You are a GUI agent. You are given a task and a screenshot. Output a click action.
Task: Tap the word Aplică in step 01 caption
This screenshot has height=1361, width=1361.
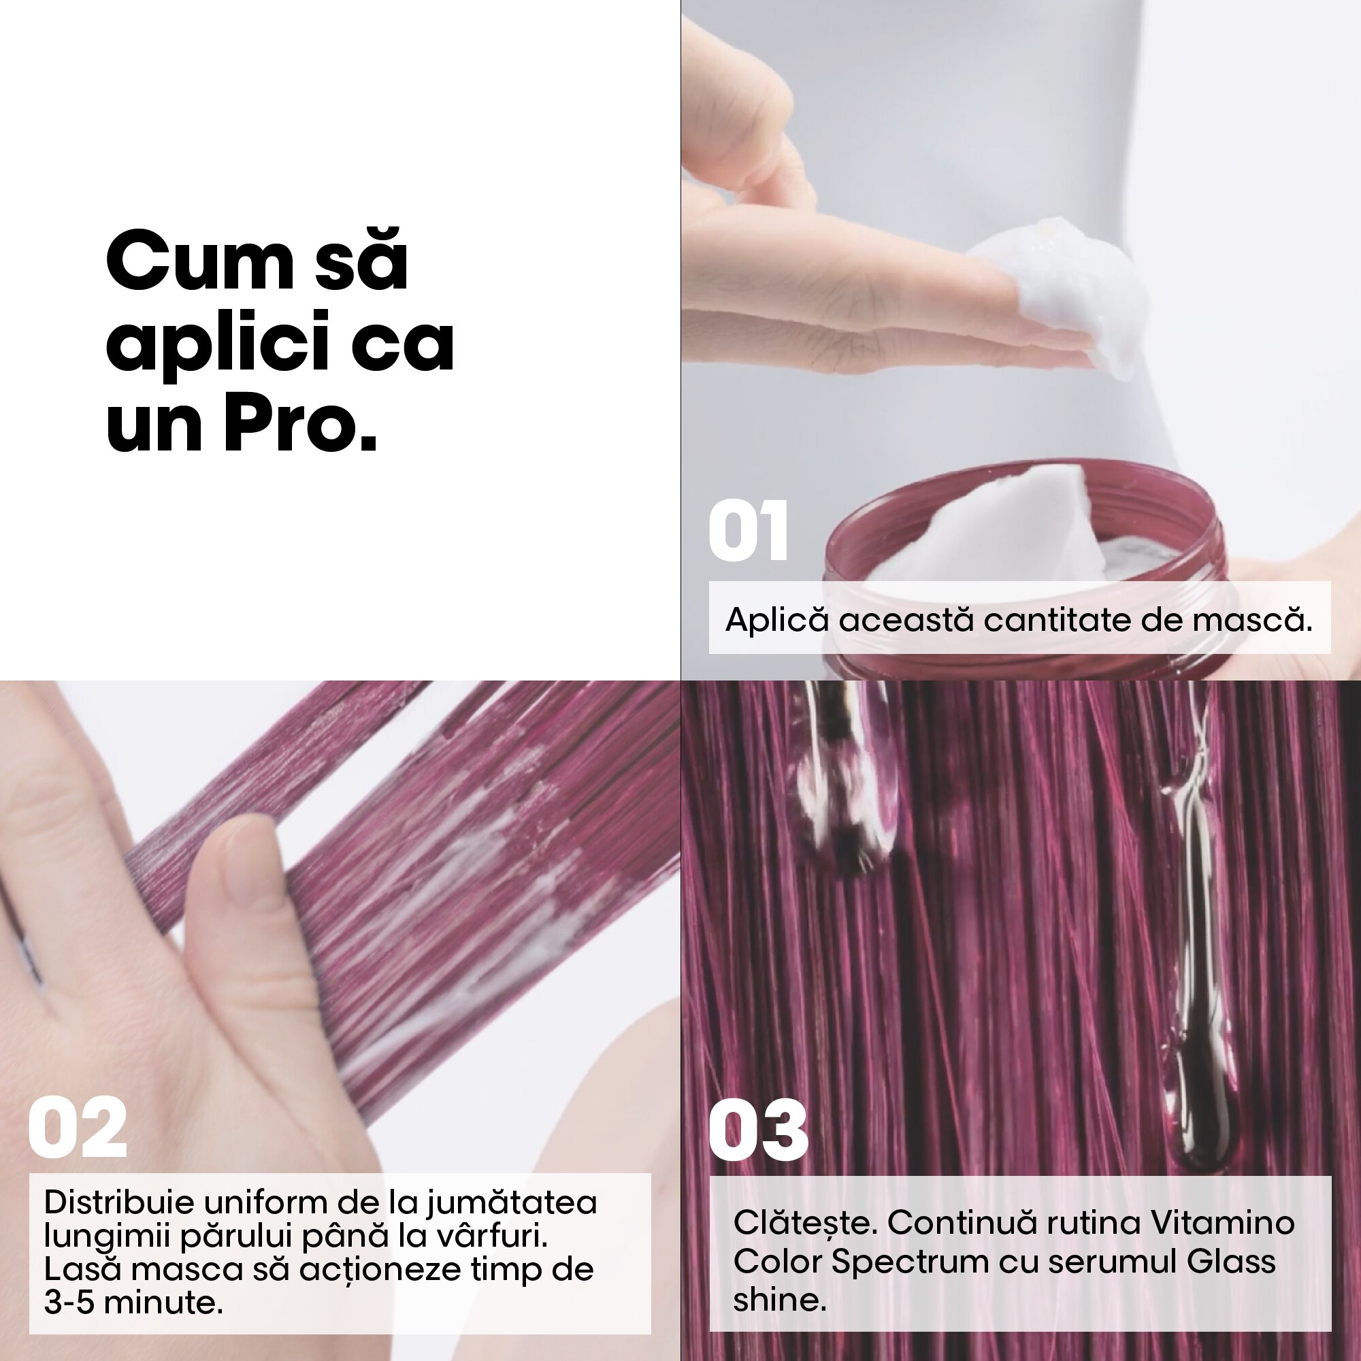pyautogui.click(x=776, y=620)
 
